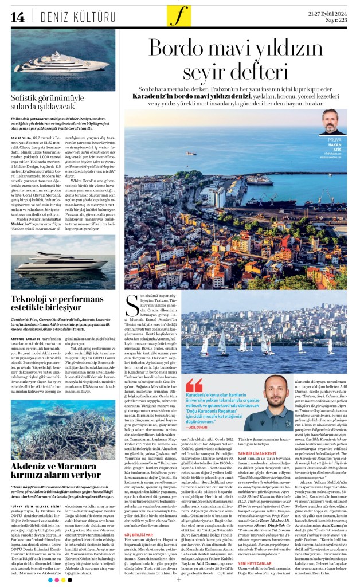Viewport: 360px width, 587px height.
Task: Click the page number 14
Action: coord(17,15)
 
